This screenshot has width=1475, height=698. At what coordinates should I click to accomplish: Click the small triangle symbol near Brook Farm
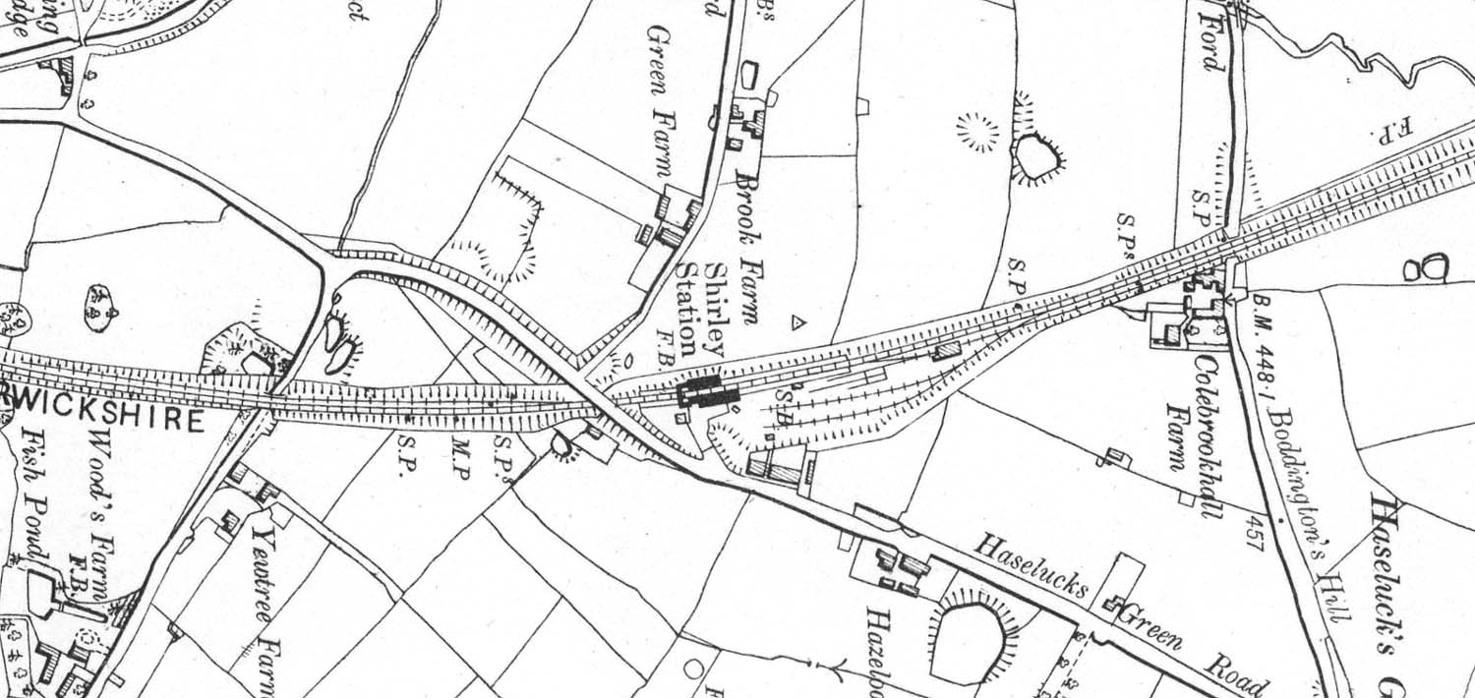pyautogui.click(x=798, y=321)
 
